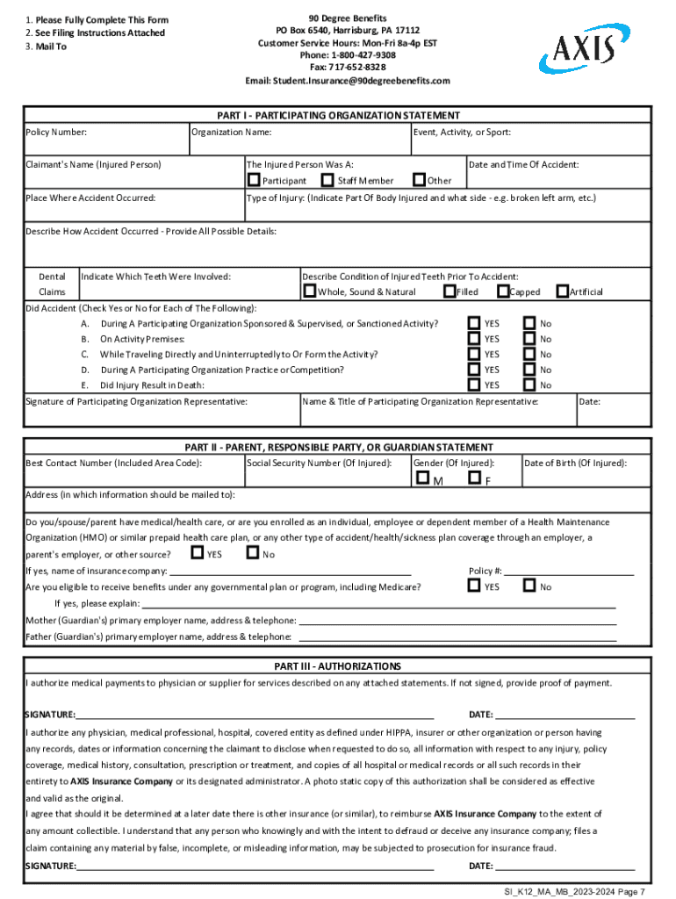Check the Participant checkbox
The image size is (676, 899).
tap(254, 180)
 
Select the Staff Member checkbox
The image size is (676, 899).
tap(329, 180)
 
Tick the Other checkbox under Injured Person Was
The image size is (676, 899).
tap(418, 180)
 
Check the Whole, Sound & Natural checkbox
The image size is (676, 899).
tap(309, 291)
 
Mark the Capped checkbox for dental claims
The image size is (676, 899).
tap(503, 291)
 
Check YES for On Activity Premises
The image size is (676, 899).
tap(474, 338)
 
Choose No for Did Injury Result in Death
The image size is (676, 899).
tap(529, 385)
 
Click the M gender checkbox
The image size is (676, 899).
tap(423, 478)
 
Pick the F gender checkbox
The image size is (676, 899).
tap(474, 478)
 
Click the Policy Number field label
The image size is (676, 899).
tap(56, 133)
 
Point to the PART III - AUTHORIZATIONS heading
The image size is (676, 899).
tap(338, 666)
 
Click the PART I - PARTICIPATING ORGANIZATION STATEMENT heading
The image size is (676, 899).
tap(338, 116)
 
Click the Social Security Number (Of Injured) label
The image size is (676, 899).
tap(319, 463)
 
